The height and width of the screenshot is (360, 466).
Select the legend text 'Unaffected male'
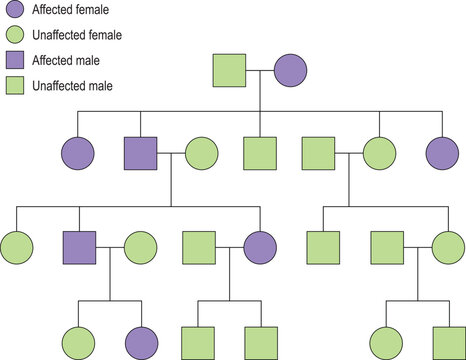pyautogui.click(x=72, y=86)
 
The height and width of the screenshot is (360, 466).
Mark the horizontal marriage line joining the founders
pyautogui.click(x=260, y=72)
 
